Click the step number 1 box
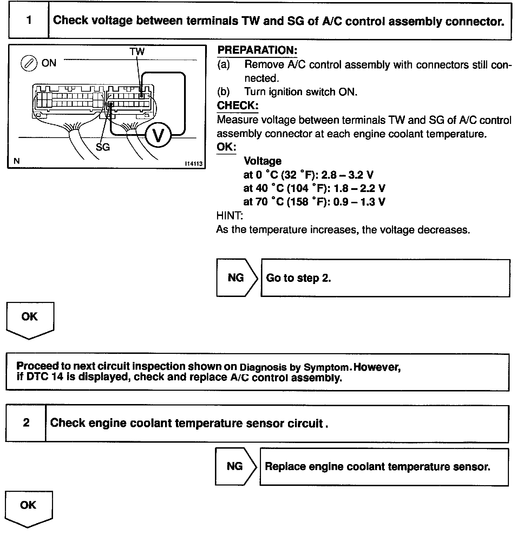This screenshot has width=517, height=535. (x=29, y=20)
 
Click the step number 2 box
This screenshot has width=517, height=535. (x=26, y=423)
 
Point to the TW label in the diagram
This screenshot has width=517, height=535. (x=137, y=52)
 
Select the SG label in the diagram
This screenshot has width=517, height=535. (x=103, y=147)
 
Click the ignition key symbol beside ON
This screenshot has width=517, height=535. (x=28, y=63)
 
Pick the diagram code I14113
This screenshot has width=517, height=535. (x=194, y=164)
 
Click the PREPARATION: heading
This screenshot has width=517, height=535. (x=257, y=50)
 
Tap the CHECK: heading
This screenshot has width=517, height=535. (x=237, y=105)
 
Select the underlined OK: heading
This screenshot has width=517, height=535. (x=226, y=147)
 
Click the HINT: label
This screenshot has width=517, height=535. (x=230, y=215)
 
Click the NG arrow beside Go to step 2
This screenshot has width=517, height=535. (x=236, y=278)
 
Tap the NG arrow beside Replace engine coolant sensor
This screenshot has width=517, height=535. (x=235, y=466)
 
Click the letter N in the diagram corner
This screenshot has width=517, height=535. (x=17, y=161)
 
